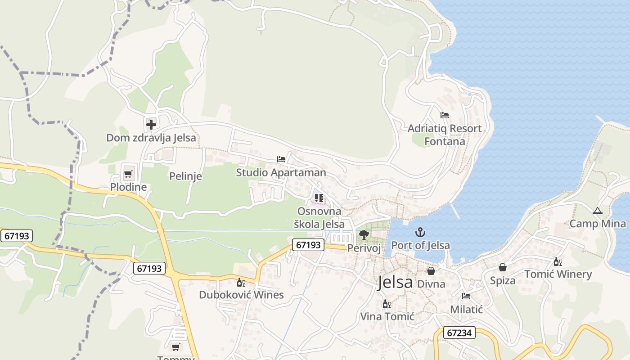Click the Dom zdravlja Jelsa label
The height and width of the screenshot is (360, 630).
click(x=151, y=138)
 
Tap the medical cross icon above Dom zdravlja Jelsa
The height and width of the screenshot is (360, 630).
click(x=151, y=124)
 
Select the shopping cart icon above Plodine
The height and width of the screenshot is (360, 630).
click(x=128, y=174)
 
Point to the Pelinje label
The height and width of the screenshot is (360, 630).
click(x=185, y=176)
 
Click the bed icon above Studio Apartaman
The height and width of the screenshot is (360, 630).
click(x=281, y=159)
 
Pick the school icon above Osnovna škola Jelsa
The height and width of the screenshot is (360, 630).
click(x=319, y=198)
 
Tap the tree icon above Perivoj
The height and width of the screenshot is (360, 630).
click(x=364, y=235)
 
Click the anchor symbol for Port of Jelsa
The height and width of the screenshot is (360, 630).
click(x=420, y=232)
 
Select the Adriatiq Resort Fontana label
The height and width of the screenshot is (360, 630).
click(x=445, y=135)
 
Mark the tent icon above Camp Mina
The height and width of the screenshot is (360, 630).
click(x=597, y=211)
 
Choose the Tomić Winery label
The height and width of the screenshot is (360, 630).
click(x=558, y=274)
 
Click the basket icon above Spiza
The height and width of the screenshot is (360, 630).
click(x=503, y=268)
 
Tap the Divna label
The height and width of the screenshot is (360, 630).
click(x=431, y=284)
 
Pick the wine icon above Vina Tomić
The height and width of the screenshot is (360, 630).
click(x=387, y=304)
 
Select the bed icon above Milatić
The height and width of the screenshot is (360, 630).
click(x=466, y=296)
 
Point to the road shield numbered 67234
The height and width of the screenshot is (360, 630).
click(x=459, y=333)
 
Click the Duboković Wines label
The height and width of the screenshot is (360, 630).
click(x=241, y=295)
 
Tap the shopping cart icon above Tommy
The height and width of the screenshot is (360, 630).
click(x=176, y=347)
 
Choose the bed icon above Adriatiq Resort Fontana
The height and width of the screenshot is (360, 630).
click(x=445, y=115)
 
